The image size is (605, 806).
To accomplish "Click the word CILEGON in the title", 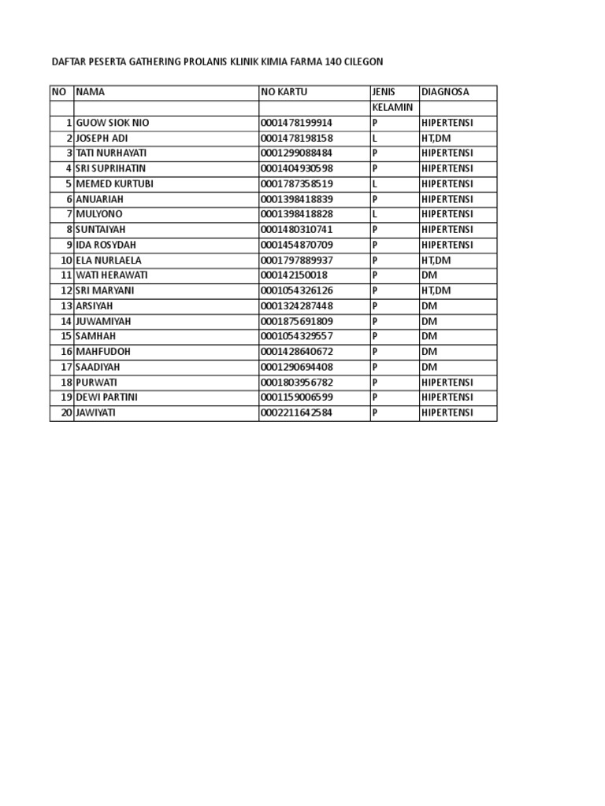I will coord(365,61).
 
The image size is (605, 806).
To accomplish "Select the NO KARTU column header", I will coord(284,92).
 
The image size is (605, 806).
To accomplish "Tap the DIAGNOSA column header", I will coord(445,92).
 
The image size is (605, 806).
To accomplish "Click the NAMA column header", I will coord(90,92).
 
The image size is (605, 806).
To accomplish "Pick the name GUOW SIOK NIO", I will coord(112,123).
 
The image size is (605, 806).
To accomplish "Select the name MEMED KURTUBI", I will coord(114,183).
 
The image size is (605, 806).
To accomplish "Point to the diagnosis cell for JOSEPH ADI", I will coord(436,138).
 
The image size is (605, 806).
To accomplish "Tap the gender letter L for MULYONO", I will coord(375,214).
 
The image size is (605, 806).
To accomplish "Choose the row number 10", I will coord(66,260).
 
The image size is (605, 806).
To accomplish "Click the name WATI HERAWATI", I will coord(111,275).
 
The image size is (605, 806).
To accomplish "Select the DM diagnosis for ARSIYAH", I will coord(429,305).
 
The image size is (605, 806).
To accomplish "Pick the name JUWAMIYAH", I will coord(104,321).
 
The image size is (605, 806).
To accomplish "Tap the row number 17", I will coord(66,367).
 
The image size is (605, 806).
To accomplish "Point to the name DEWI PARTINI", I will coord(106,397).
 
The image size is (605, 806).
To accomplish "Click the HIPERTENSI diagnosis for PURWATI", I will coord(447,382).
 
